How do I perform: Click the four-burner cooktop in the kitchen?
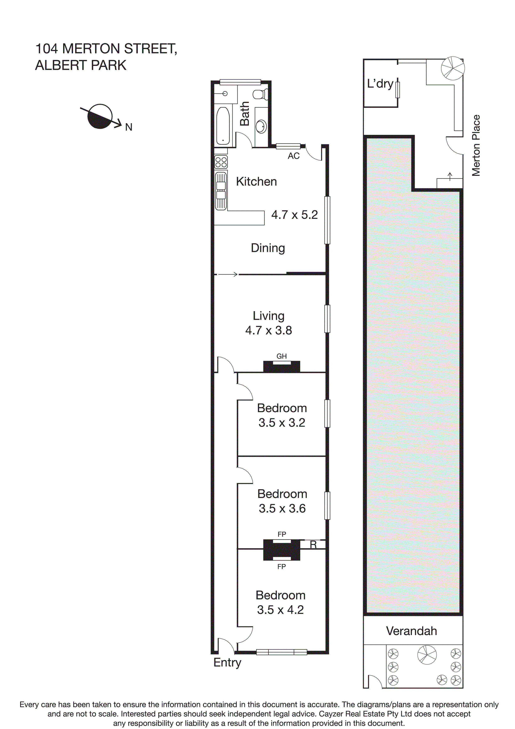click(x=221, y=162)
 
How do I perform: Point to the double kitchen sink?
click(x=221, y=191)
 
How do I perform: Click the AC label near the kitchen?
click(x=293, y=156)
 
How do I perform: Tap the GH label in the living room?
click(x=281, y=356)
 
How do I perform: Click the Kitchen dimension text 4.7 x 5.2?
click(x=294, y=215)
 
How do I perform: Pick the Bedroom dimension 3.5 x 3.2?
click(x=282, y=423)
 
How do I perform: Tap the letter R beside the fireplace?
click(x=313, y=545)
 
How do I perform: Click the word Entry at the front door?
click(x=227, y=663)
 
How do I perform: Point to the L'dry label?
click(x=380, y=84)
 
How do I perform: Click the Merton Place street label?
click(x=476, y=145)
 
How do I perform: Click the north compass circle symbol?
click(x=100, y=117)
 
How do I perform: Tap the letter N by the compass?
click(x=129, y=127)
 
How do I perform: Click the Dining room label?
click(x=268, y=248)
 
